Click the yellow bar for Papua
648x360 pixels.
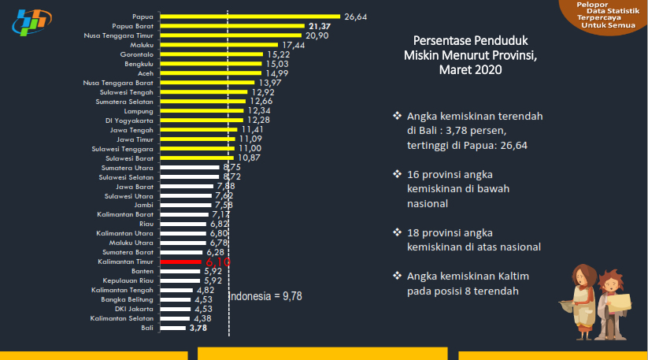(250, 16)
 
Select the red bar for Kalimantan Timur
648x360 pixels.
(180, 261)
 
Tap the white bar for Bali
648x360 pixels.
(172, 327)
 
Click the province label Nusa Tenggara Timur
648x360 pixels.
(118, 35)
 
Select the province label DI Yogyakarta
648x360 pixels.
(131, 120)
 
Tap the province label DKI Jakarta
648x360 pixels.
(134, 308)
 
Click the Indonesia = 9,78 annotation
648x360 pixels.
(265, 296)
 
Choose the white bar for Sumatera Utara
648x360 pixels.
(190, 167)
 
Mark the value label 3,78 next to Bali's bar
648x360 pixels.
(198, 328)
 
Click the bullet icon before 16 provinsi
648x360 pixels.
(398, 174)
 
